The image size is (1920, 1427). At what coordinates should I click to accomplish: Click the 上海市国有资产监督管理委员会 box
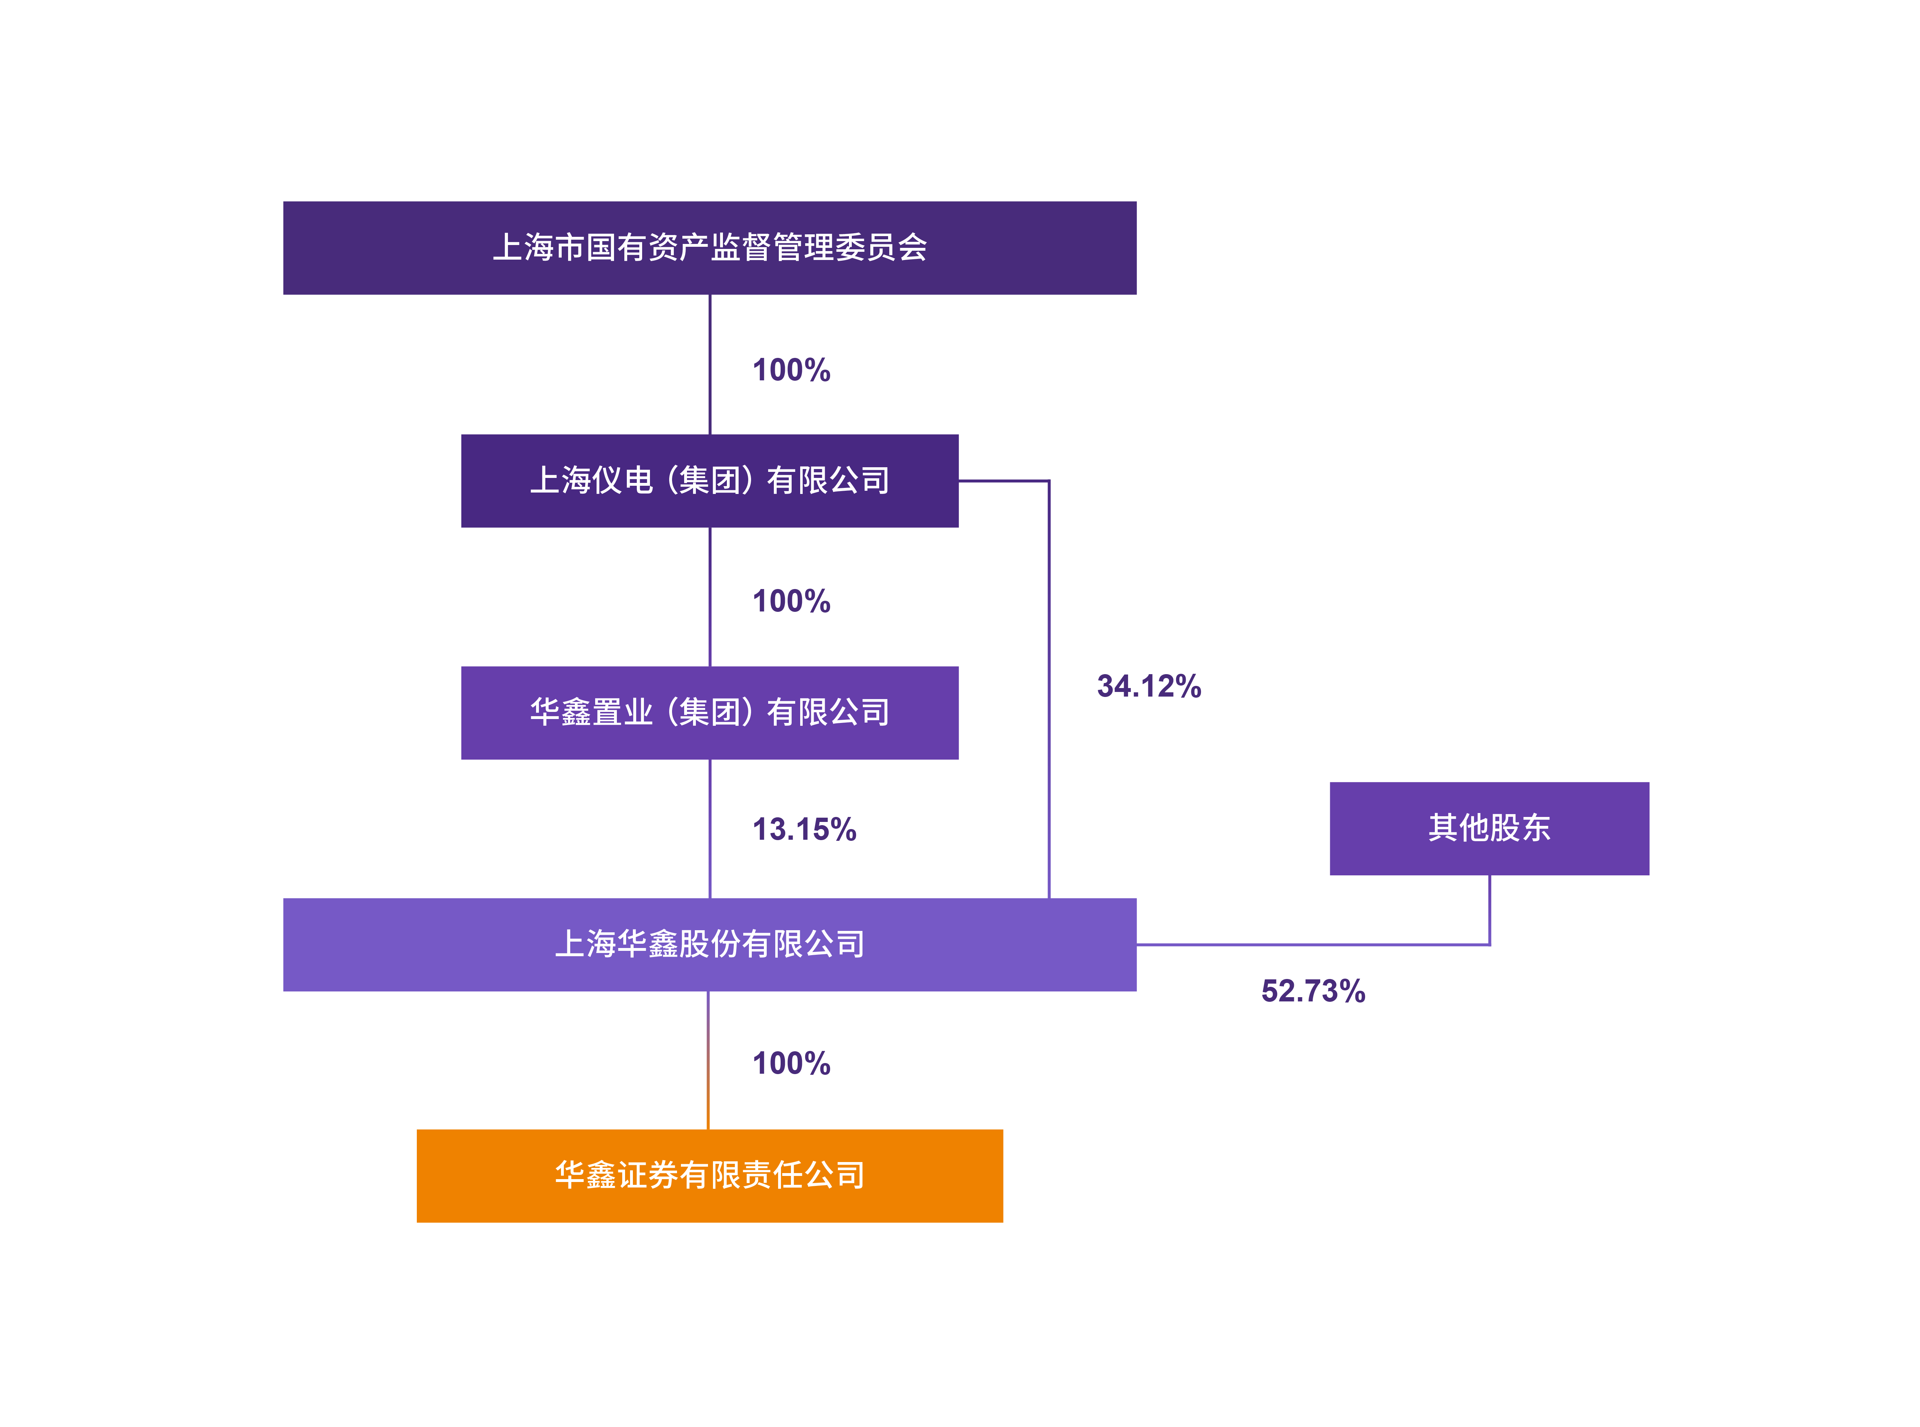pos(710,248)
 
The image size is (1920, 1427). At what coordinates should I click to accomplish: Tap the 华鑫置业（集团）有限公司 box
pos(710,713)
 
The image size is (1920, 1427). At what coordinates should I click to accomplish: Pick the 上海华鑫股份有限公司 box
pos(710,944)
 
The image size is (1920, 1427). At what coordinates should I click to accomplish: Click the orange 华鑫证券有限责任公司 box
pos(710,1176)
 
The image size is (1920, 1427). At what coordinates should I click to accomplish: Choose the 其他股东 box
pos(1489,828)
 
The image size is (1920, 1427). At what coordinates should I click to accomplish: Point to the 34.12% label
pos(1149,686)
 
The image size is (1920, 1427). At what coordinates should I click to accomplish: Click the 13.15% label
pos(804,829)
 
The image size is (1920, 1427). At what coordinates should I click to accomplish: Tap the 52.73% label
pos(1313,991)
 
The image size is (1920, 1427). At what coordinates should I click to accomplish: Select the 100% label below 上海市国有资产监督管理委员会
pos(792,370)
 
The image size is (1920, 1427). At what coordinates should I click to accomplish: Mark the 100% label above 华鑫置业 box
pos(792,601)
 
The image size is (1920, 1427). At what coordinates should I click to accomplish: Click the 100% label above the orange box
pos(792,1063)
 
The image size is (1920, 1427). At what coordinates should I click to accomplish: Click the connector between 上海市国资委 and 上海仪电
pos(710,365)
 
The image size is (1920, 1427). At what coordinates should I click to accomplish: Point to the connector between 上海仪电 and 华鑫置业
pos(710,597)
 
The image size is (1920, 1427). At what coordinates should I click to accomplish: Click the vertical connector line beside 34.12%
pos(1049,689)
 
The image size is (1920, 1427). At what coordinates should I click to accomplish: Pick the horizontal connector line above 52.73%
pos(1313,945)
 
